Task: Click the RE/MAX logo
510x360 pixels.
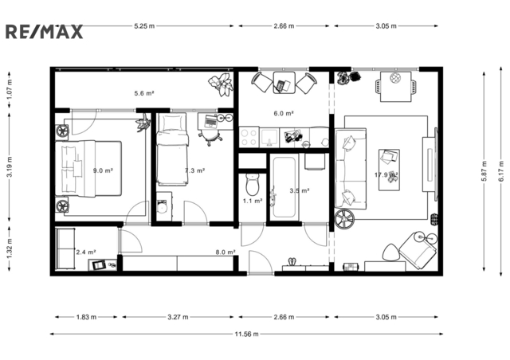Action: coord(45,32)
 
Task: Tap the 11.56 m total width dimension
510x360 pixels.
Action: coord(246,334)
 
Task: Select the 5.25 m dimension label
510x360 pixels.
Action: coord(144,25)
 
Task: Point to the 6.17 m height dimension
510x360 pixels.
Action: coord(501,171)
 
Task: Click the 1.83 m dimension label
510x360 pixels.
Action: coord(86,317)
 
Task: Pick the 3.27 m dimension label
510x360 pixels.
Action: coord(178,317)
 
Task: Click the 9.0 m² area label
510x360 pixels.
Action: coord(103,170)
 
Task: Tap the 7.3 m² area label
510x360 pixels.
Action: coord(194,170)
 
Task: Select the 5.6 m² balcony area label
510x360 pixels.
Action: coord(144,93)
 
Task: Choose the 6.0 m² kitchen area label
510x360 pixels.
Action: coord(284,113)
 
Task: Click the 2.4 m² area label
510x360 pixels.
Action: coord(86,252)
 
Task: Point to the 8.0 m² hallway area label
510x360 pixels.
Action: coord(226,252)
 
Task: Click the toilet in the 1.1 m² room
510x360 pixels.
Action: coord(252,184)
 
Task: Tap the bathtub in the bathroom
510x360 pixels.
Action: coord(284,187)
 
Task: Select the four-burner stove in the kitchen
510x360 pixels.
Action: coord(249,137)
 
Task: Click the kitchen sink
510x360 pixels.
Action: coord(269,137)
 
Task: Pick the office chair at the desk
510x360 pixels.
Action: coord(210,137)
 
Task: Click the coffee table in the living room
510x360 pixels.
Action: coord(389,170)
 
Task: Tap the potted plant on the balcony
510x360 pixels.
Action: coord(222,84)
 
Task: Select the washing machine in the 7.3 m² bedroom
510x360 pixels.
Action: coord(164,206)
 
